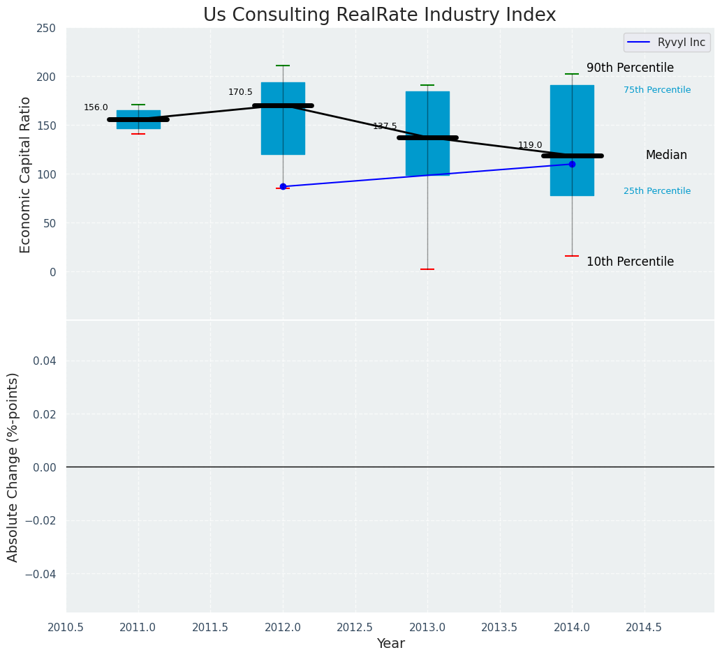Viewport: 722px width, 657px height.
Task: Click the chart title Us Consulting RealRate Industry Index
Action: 379,15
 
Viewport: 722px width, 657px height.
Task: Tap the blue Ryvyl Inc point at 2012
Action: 283,186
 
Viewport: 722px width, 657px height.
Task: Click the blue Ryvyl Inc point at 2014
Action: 572,164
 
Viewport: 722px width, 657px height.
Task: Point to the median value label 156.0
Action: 96,107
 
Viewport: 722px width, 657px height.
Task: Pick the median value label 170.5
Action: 240,92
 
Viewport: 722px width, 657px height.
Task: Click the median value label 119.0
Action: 530,145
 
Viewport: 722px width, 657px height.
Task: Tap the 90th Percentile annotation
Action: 630,68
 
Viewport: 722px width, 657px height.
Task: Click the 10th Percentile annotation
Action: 630,262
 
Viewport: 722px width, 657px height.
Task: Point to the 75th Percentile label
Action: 657,90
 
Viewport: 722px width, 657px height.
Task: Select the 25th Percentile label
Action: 657,191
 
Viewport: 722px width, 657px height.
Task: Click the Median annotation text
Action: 666,155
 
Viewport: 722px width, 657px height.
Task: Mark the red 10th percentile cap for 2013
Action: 427,269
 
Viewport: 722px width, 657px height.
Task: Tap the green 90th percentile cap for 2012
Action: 283,66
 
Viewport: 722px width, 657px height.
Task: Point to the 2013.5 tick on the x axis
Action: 499,627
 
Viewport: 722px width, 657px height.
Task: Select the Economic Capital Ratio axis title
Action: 26,174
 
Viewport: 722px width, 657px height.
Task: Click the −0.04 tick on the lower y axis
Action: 41,573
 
